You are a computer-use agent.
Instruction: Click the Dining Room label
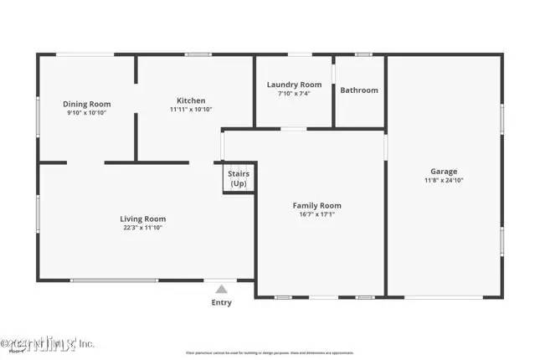(x=88, y=104)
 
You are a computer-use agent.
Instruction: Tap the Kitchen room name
(x=191, y=100)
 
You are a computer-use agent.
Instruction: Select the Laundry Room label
(x=294, y=85)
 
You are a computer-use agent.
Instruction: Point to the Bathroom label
(x=358, y=90)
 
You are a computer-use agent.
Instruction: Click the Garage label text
(x=444, y=171)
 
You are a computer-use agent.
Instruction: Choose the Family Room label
(x=316, y=205)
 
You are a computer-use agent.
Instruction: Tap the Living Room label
(x=143, y=219)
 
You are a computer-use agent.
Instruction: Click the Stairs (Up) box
(x=239, y=179)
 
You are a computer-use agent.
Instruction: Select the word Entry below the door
(x=222, y=303)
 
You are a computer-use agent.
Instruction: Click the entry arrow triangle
(x=222, y=289)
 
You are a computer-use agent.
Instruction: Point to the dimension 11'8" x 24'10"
(x=444, y=180)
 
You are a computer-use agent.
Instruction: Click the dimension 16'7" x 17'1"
(x=316, y=214)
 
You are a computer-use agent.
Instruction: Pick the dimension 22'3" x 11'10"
(x=143, y=228)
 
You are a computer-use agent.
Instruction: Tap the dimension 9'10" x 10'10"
(x=88, y=112)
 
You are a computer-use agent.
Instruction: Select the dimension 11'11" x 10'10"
(x=191, y=109)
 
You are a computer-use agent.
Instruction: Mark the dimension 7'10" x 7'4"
(x=294, y=93)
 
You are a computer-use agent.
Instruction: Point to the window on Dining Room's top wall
(x=85, y=55)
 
